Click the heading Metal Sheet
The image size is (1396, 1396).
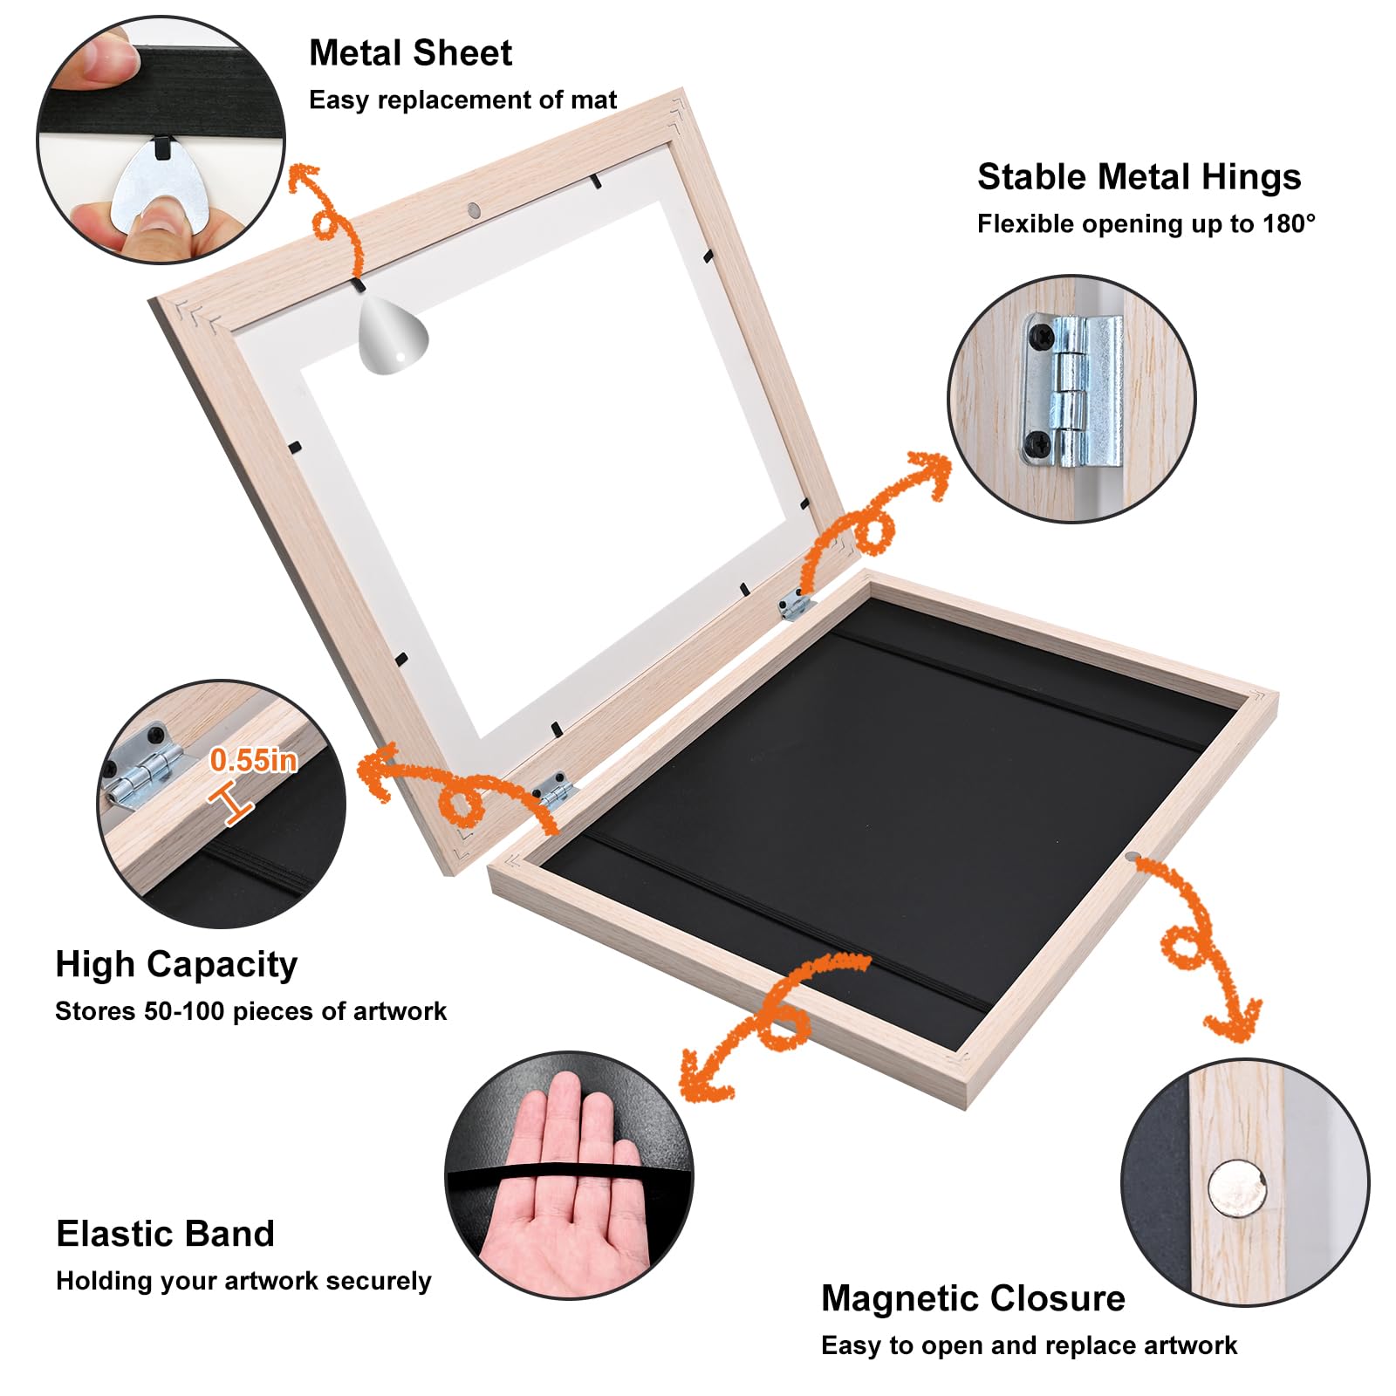click(410, 53)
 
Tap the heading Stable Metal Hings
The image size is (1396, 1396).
click(1139, 177)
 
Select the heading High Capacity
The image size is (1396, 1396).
click(176, 965)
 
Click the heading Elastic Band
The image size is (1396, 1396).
click(165, 1235)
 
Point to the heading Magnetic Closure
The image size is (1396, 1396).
click(973, 1299)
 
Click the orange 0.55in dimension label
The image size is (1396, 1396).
click(253, 761)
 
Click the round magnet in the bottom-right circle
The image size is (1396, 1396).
click(1236, 1187)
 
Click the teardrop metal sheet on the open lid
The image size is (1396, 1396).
click(393, 336)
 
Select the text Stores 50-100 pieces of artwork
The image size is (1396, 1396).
click(250, 1012)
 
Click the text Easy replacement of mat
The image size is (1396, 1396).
click(462, 100)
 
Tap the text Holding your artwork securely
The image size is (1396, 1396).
click(243, 1281)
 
